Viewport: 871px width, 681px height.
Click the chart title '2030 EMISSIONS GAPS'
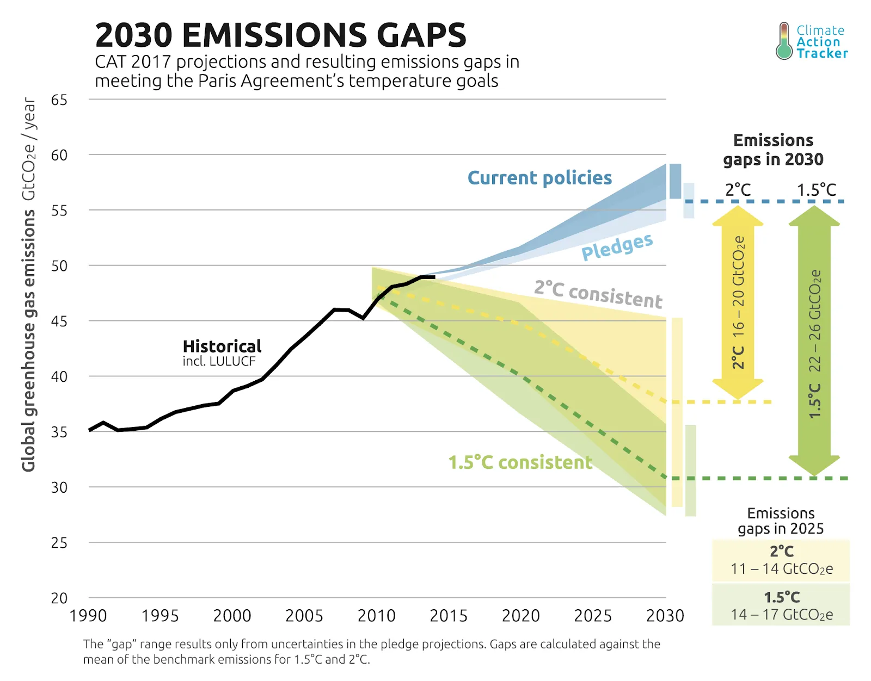point(280,35)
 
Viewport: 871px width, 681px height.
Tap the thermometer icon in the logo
point(784,41)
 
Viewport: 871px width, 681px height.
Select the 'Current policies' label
point(539,178)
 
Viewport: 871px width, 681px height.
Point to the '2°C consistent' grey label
point(598,294)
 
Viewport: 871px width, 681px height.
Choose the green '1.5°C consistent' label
point(520,462)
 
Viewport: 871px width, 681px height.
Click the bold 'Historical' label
point(222,346)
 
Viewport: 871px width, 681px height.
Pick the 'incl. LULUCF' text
point(219,361)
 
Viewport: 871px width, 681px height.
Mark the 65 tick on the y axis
point(59,100)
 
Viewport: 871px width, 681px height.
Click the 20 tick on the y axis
point(59,598)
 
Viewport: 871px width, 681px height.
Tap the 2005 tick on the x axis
point(304,616)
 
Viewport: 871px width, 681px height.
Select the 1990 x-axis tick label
point(88,616)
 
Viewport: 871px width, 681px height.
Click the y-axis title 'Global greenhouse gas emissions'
point(28,340)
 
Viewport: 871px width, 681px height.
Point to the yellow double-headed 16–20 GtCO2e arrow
point(738,302)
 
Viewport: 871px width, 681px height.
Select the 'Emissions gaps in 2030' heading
point(773,150)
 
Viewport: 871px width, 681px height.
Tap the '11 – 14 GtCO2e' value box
point(781,569)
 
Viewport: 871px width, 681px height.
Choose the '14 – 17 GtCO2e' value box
point(781,615)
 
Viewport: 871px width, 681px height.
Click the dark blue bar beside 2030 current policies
point(675,181)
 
